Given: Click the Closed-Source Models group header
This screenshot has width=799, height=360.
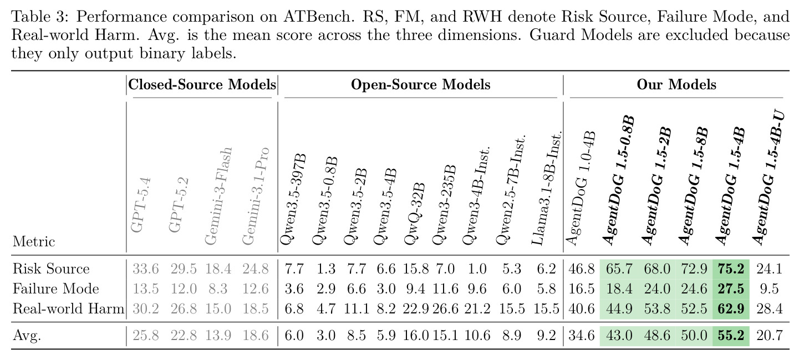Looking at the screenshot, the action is (x=202, y=84).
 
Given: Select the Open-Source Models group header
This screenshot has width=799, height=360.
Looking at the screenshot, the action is (x=420, y=84).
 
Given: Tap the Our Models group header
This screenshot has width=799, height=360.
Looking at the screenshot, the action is (x=676, y=84).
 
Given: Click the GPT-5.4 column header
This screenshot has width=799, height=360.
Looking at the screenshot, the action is (x=141, y=205).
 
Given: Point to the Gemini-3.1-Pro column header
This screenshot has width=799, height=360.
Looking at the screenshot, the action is (x=256, y=196).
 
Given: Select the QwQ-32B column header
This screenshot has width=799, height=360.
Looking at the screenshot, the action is (x=415, y=214).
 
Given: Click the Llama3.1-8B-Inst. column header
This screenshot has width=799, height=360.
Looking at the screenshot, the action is (x=547, y=189).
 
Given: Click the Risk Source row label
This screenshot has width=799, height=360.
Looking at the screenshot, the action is (x=51, y=268).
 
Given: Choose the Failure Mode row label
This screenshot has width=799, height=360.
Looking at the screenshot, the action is (x=55, y=288).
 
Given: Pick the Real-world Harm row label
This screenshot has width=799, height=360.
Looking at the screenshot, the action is (x=68, y=308).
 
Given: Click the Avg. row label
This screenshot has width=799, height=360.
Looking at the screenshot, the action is (x=27, y=336).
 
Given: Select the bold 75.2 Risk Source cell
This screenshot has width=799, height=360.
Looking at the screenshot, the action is (x=731, y=268).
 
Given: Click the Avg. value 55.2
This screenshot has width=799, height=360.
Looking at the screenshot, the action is (x=731, y=336).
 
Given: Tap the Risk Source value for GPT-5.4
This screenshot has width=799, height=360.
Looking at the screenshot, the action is (x=145, y=268).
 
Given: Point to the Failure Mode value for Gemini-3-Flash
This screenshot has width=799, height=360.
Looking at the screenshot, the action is (x=217, y=288).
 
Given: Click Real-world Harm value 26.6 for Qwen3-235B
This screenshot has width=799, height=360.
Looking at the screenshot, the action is (x=445, y=308).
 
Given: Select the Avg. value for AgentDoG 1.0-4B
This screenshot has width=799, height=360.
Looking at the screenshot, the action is (x=582, y=336).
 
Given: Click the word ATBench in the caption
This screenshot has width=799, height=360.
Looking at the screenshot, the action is (x=317, y=17).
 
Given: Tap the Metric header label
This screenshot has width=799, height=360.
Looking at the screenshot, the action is (x=34, y=241).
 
